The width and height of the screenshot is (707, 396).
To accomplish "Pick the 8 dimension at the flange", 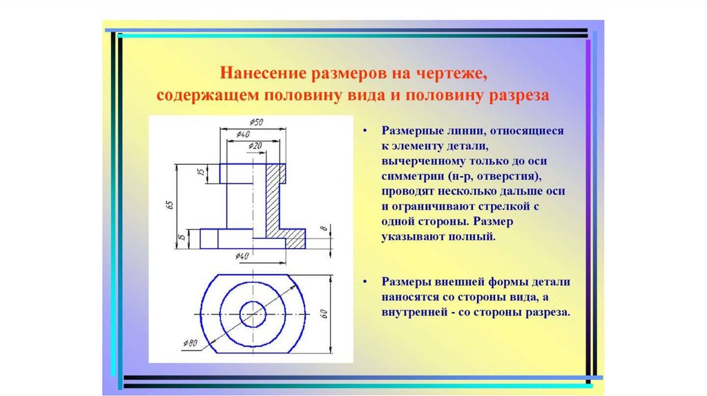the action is (322, 229).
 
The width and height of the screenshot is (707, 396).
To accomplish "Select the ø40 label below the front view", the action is (242, 256).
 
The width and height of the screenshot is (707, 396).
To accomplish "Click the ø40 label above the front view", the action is (243, 134).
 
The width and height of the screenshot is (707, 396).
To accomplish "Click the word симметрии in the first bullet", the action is (409, 177).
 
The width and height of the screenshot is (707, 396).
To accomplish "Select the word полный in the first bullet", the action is (474, 237).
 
